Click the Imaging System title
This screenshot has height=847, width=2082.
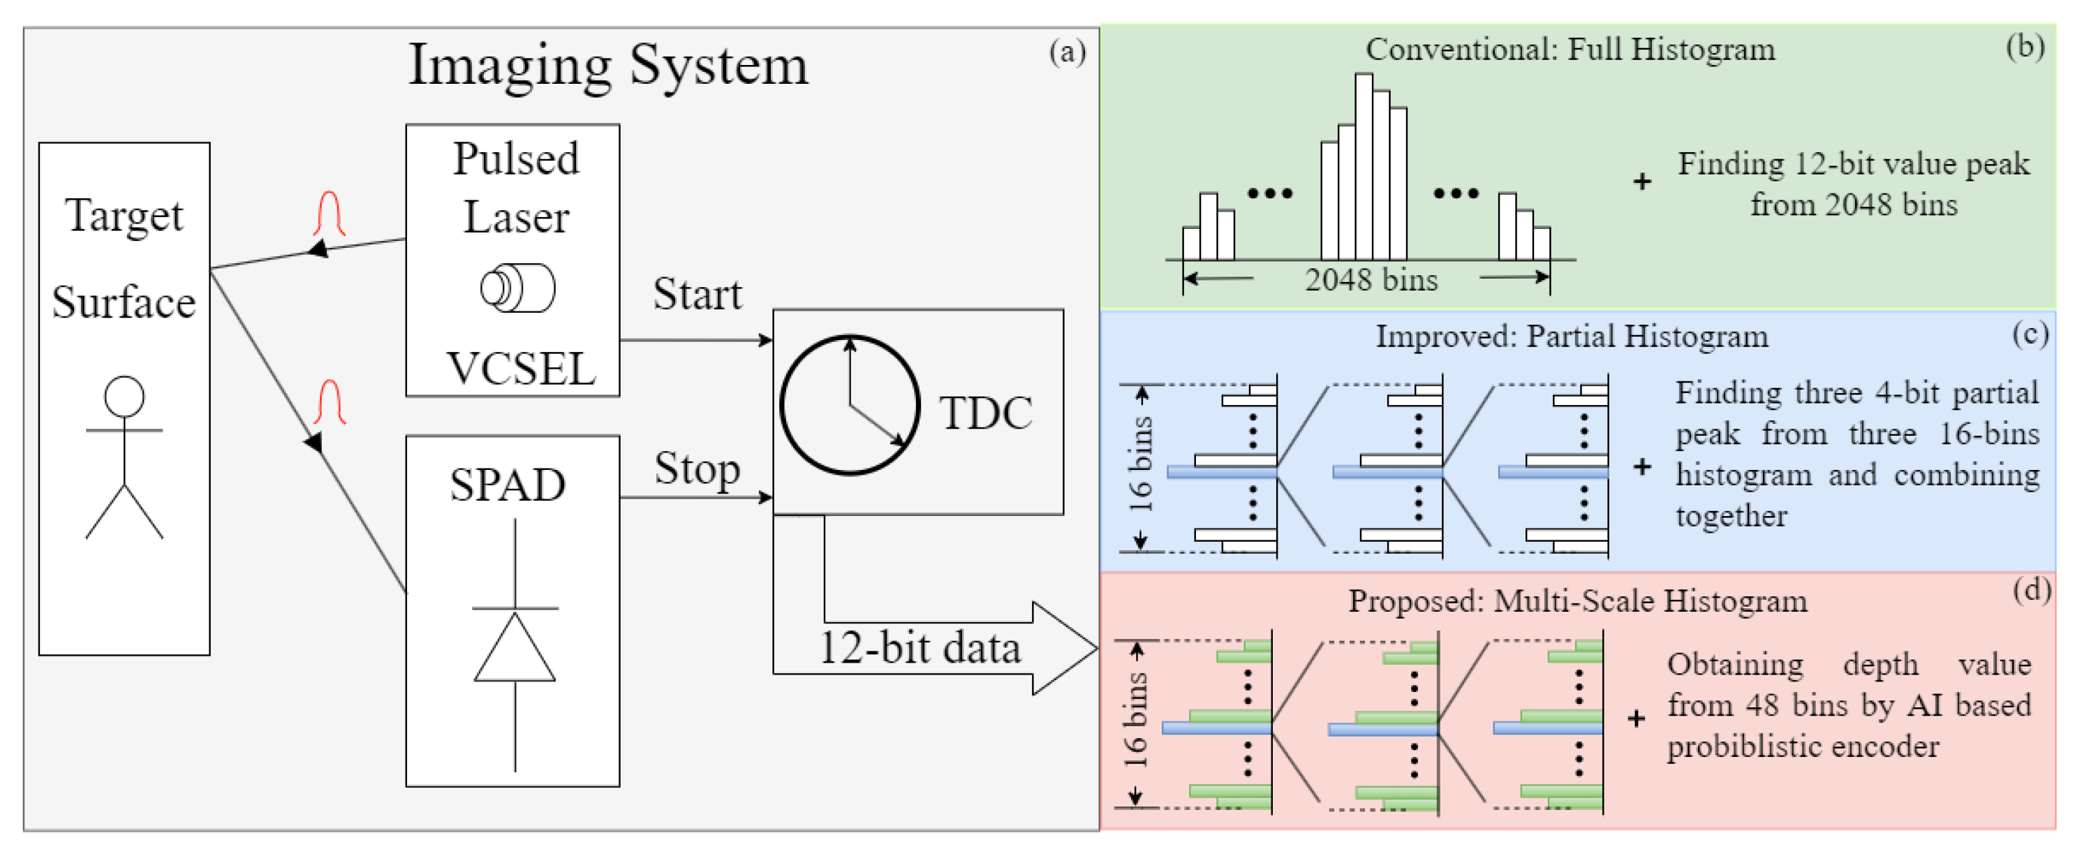tap(608, 65)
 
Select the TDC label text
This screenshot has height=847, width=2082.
tap(985, 413)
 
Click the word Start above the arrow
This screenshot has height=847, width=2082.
tap(697, 294)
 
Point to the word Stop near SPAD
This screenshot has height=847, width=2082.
tap(697, 469)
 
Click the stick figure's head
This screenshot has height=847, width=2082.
tap(124, 396)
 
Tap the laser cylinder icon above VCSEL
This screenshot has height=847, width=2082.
tap(517, 288)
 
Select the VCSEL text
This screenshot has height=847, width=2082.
tap(521, 369)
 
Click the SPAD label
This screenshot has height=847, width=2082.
tap(508, 485)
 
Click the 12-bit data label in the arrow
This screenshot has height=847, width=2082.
tap(920, 648)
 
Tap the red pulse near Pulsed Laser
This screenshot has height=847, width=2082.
tap(329, 214)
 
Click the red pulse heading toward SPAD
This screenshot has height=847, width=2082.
tap(329, 402)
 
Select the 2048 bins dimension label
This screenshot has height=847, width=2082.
tap(1371, 279)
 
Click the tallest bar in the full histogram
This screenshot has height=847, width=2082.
tap(1364, 165)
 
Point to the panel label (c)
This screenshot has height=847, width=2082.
tap(2030, 333)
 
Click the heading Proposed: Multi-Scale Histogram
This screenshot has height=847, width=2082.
tap(1577, 601)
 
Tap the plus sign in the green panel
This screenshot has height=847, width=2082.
tap(1641, 181)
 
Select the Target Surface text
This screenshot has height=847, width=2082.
tap(124, 258)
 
